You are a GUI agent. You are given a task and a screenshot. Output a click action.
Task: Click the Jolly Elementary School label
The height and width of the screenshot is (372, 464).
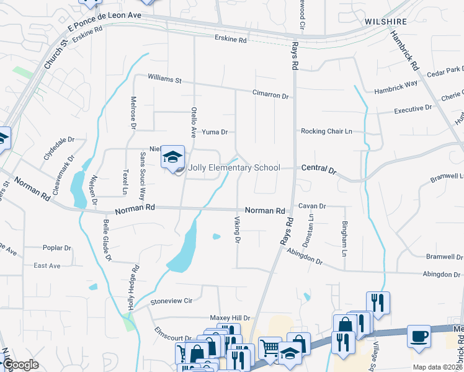pyautogui.click(x=234, y=167)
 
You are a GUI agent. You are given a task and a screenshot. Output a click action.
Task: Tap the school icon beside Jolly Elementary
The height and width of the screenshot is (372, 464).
pyautogui.click(x=173, y=157)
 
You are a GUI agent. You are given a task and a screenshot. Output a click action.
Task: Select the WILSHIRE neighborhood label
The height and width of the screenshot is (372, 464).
pyautogui.click(x=386, y=21)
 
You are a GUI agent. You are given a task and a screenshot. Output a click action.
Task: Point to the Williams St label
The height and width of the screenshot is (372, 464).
pyautogui.click(x=164, y=79)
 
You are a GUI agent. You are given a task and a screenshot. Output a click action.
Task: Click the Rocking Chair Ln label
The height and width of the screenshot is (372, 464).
pyautogui.click(x=326, y=131)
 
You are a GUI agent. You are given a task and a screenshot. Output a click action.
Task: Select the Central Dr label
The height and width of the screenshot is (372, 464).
pyautogui.click(x=318, y=169)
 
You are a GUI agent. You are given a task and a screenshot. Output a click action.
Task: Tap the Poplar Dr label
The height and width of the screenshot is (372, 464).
pyautogui.click(x=57, y=248)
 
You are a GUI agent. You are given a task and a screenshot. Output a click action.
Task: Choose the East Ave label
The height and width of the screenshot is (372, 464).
pyautogui.click(x=47, y=265)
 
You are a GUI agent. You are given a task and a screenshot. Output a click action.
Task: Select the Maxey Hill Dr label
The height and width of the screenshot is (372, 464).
pyautogui.click(x=229, y=317)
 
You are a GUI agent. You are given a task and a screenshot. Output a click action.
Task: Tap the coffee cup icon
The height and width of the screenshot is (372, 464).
pyautogui.click(x=419, y=336)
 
